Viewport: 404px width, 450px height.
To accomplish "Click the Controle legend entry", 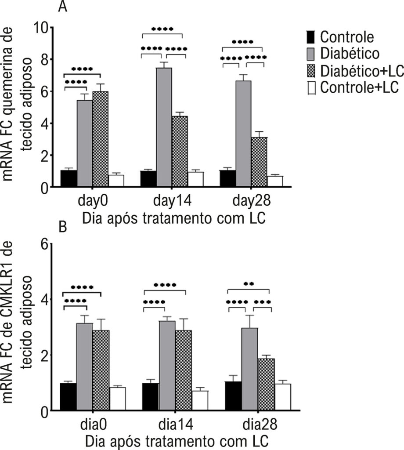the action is (341, 37).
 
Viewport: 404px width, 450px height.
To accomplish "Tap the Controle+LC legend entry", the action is (353, 87).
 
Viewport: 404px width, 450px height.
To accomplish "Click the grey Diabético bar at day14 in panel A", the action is (164, 127).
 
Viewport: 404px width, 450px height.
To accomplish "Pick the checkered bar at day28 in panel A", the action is (259, 162).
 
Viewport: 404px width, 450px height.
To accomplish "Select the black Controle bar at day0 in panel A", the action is (69, 178).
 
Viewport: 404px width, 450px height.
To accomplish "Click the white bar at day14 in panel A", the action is (195, 179).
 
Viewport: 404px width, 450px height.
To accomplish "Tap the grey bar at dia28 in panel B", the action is (249, 369).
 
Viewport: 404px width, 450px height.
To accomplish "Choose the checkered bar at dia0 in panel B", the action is (101, 370).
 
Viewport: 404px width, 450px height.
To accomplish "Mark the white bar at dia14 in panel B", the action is (200, 400).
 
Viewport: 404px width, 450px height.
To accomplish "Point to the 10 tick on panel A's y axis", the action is (40, 28).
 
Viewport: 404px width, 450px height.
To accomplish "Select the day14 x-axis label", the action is (172, 200).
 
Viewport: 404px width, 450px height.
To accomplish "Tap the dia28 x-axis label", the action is (260, 424).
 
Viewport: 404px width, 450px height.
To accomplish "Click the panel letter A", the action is (62, 6).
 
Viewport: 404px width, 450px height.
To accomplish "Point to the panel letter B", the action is (62, 227).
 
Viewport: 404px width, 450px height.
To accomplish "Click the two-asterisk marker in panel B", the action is (249, 284).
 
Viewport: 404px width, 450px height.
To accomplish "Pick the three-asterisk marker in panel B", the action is (262, 302).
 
